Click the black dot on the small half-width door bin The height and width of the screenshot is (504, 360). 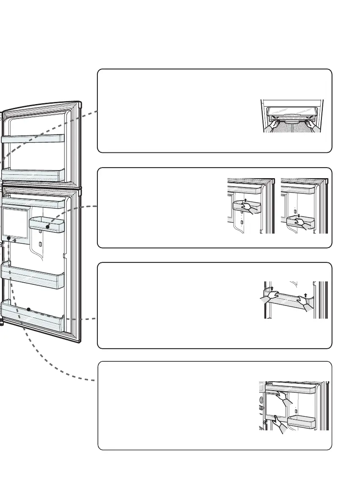pos(47,227)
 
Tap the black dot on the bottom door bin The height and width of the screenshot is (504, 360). pos(28,309)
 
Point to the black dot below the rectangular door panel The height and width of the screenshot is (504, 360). pos(8,238)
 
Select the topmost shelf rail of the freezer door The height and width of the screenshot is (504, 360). pos(33,138)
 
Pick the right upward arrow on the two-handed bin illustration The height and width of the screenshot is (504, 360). pos(305,295)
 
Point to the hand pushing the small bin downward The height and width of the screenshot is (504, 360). pos(306,224)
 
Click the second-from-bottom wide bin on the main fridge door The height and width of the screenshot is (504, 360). pos(33,275)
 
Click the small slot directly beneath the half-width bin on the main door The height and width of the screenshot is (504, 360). pos(40,244)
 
